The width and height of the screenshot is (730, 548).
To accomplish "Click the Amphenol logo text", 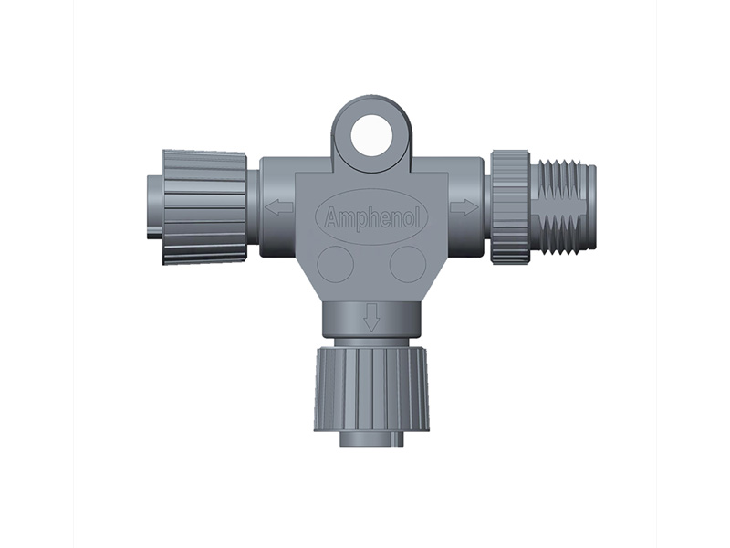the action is [x=372, y=217].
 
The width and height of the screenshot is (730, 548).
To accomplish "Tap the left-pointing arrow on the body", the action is [x=279, y=207].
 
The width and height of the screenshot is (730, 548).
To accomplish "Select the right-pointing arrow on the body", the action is [x=464, y=207].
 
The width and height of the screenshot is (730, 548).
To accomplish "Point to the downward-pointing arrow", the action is [x=371, y=317].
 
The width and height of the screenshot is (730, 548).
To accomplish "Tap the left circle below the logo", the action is [x=335, y=264].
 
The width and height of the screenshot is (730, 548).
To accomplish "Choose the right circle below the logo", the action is [x=408, y=264].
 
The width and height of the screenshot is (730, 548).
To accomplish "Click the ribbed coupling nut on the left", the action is [x=203, y=207].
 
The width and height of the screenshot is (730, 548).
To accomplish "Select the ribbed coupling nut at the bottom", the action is [x=371, y=389].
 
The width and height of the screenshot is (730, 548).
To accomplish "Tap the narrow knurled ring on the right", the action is [x=511, y=207].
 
